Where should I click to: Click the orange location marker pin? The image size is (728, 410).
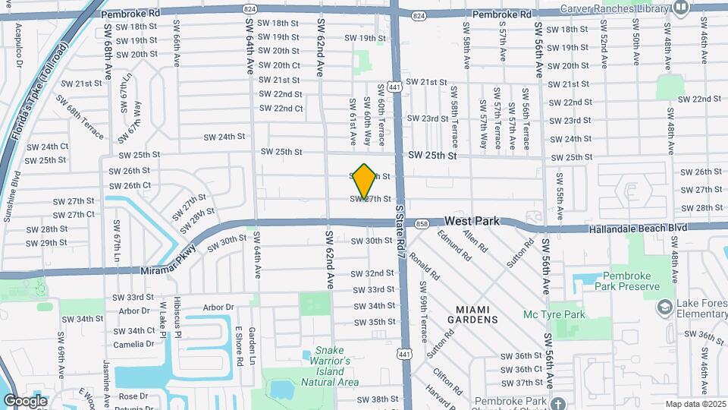tap(364, 181)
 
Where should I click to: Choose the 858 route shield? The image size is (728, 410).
tap(422, 223)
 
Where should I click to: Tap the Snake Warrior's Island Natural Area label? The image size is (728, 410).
tap(329, 367)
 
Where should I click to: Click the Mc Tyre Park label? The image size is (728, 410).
tap(554, 314)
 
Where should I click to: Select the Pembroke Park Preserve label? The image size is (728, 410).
tap(634, 282)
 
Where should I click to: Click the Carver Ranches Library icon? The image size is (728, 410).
tap(680, 9)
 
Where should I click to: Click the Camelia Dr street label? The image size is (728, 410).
tap(133, 344)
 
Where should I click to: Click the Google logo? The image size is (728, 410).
tap(25, 400)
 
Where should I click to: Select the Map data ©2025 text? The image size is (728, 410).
tap(695, 404)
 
